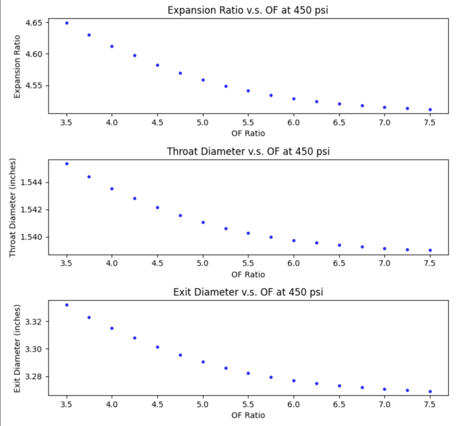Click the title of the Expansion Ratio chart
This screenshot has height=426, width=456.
(x=248, y=10)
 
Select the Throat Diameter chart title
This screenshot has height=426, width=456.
(x=248, y=151)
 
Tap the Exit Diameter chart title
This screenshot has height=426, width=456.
(x=248, y=292)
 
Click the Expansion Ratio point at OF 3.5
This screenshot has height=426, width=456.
(x=67, y=23)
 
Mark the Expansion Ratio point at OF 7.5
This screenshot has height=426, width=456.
(x=430, y=109)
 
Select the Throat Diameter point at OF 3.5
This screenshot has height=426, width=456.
(x=67, y=164)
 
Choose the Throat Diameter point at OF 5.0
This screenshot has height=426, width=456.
(x=203, y=222)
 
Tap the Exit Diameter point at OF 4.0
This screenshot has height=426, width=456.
(x=112, y=328)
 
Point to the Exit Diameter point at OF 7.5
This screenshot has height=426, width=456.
(x=430, y=392)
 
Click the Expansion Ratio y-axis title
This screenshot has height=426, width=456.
(x=17, y=66)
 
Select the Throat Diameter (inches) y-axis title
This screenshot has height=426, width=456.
(x=13, y=207)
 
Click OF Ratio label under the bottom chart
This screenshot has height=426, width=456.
(x=248, y=415)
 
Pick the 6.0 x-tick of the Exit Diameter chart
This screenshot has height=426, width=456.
(x=293, y=404)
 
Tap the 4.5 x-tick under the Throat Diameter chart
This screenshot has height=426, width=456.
(x=157, y=263)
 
